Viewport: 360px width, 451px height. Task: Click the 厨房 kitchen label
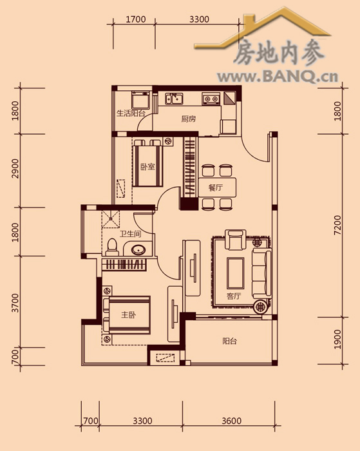click(x=188, y=119)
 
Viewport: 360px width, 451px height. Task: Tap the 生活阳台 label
click(x=131, y=113)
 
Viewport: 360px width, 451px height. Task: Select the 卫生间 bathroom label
click(x=131, y=233)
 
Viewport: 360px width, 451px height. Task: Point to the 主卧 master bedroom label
click(x=128, y=314)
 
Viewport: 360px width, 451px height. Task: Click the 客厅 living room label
click(x=234, y=296)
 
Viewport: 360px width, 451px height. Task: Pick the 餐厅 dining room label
click(x=216, y=187)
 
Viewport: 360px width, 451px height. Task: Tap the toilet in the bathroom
click(x=112, y=247)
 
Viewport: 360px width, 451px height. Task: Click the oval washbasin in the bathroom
click(x=139, y=249)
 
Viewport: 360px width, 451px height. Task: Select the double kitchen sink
click(x=174, y=99)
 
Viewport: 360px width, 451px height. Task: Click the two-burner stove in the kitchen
click(x=211, y=99)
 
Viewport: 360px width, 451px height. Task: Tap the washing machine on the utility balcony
click(x=140, y=99)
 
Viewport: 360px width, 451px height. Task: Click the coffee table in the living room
click(x=235, y=273)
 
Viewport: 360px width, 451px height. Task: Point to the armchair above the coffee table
click(x=236, y=240)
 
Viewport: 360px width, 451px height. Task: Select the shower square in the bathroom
click(x=110, y=219)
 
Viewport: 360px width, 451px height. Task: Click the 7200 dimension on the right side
click(x=338, y=225)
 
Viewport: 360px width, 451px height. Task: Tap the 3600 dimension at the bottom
click(x=231, y=421)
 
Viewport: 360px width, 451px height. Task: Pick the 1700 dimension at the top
click(x=136, y=19)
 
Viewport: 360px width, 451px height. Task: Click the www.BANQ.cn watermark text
click(x=278, y=77)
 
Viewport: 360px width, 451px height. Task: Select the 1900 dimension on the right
click(x=338, y=340)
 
